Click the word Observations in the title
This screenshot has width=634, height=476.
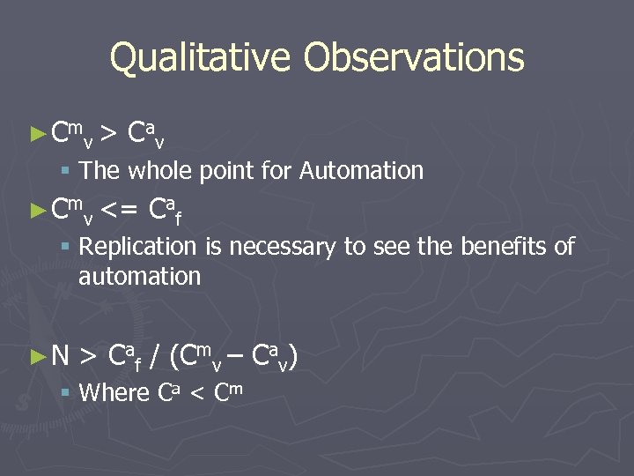(414, 58)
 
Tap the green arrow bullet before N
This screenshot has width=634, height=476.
(36, 356)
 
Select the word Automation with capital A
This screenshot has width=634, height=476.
(361, 170)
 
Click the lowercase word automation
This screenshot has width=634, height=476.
(139, 277)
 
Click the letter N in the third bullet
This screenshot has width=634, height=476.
(60, 356)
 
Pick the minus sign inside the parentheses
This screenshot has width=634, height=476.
(236, 357)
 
